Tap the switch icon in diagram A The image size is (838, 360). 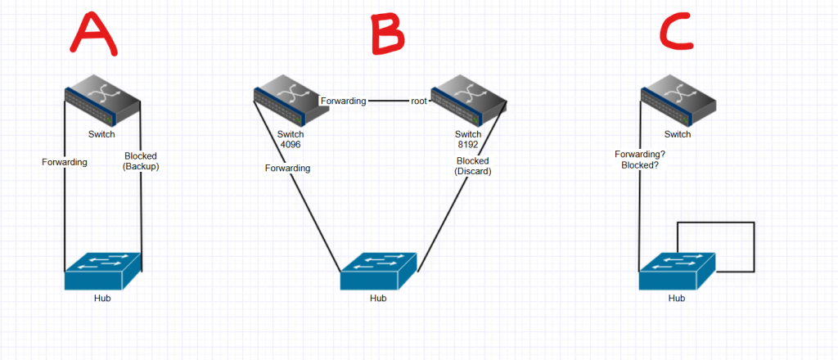[x=104, y=100]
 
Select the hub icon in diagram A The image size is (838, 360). [x=103, y=270]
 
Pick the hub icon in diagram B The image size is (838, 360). [x=379, y=271]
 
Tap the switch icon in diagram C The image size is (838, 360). [x=677, y=100]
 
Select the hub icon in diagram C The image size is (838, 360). [x=676, y=270]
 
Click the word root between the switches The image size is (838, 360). [x=420, y=101]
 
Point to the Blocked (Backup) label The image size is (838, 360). [x=141, y=161]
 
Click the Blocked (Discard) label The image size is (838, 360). [x=472, y=166]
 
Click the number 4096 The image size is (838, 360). [x=291, y=146]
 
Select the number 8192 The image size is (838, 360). [x=467, y=146]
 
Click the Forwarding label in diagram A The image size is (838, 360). [x=65, y=161]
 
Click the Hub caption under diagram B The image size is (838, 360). [x=378, y=299]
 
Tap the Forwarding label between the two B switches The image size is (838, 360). [x=343, y=101]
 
